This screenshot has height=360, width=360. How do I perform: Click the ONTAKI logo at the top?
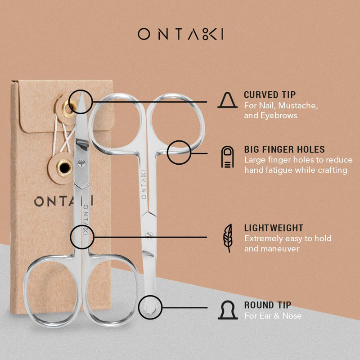tap(180, 34)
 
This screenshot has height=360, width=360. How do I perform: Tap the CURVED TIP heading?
tap(270, 95)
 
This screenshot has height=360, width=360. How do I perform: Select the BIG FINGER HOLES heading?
tap(284, 149)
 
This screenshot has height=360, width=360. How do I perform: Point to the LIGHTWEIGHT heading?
tap(274, 228)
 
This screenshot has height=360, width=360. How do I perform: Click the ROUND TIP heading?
tap(268, 305)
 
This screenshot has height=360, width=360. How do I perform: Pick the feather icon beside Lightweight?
tap(228, 238)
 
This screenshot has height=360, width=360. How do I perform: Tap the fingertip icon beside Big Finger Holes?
tap(227, 157)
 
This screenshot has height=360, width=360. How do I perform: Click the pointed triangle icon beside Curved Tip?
tap(227, 100)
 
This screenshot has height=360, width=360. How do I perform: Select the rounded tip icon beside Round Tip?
tap(228, 310)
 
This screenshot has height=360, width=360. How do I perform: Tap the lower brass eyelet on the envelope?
tap(64, 167)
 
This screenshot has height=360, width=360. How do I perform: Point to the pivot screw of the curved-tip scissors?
tap(81, 163)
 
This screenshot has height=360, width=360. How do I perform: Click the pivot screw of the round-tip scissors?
tap(149, 234)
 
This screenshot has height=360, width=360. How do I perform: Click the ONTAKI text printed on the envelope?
tap(63, 201)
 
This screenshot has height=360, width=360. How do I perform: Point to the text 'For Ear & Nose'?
tap(273, 316)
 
